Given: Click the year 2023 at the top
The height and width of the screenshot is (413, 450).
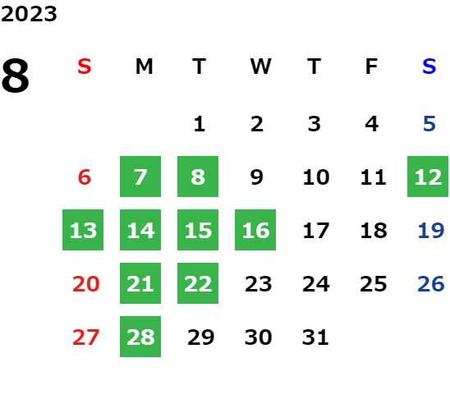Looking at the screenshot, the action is (29, 14).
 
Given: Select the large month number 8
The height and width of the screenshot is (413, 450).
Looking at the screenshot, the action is (16, 76).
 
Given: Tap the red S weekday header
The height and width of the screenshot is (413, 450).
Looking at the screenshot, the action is (85, 67).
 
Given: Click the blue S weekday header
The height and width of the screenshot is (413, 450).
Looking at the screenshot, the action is (429, 67).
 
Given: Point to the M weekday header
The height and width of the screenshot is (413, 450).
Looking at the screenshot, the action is (144, 67).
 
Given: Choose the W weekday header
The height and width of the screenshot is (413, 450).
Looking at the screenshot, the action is (260, 67).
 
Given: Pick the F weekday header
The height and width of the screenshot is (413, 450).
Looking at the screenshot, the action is (372, 67).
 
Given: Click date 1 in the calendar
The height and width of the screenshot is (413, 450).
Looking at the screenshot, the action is (200, 124).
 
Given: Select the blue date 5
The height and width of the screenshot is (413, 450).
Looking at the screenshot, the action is (429, 124).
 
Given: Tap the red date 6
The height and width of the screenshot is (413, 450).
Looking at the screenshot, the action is (85, 177).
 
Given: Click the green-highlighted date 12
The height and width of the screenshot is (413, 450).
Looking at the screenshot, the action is (428, 177).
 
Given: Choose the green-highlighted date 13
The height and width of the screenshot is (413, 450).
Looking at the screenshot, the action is (83, 230).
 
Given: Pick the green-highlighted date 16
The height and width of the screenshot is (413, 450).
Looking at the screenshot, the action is (255, 230).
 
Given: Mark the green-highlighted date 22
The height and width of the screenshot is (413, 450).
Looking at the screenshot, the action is (198, 283).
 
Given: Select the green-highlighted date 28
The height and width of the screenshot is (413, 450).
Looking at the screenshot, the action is (140, 337).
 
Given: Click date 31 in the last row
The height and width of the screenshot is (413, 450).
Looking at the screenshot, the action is (315, 337).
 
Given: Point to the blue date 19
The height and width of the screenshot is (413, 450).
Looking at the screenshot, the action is (431, 230).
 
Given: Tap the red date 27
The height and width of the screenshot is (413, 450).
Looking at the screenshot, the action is (85, 337).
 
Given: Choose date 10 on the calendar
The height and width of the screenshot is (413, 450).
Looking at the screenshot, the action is (316, 177).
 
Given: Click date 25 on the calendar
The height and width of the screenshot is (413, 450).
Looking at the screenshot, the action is (374, 283).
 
